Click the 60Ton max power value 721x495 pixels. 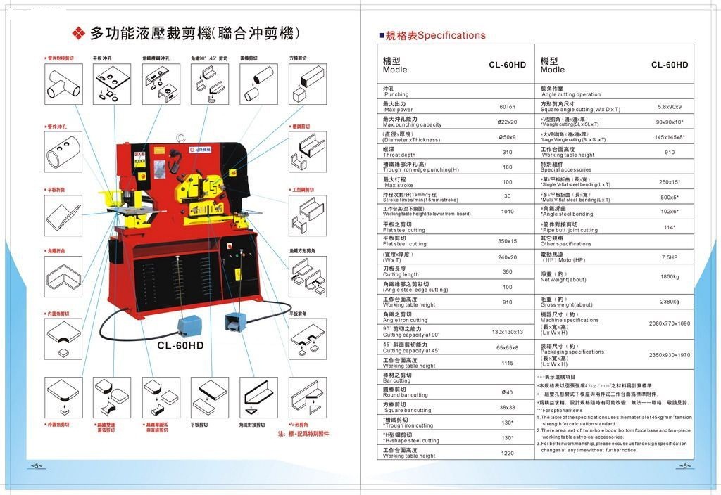tap(507, 107)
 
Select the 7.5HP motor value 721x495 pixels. tap(669, 257)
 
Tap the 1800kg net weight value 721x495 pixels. tap(670, 276)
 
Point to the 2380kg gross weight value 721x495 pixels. tap(669, 302)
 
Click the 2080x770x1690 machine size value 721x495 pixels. tap(669, 323)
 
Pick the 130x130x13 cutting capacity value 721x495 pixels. tap(507, 331)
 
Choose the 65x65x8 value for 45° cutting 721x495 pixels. tap(507, 347)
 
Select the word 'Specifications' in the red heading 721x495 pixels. tap(452, 35)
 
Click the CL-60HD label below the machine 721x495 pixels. tap(180, 345)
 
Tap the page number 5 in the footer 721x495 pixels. tap(37, 466)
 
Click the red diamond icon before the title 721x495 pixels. tap(79, 32)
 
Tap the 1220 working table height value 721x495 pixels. tap(507, 453)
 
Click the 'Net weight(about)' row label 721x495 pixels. tap(563, 280)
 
